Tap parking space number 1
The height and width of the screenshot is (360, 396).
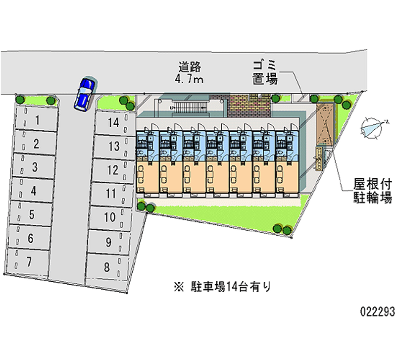pos(36,120)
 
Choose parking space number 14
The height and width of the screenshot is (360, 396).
pos(113,122)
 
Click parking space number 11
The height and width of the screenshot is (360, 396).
pos(111,194)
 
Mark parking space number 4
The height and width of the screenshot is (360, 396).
pos(33,190)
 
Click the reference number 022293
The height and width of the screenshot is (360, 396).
pos(377,312)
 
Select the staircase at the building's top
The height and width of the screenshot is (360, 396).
pos(188,106)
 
